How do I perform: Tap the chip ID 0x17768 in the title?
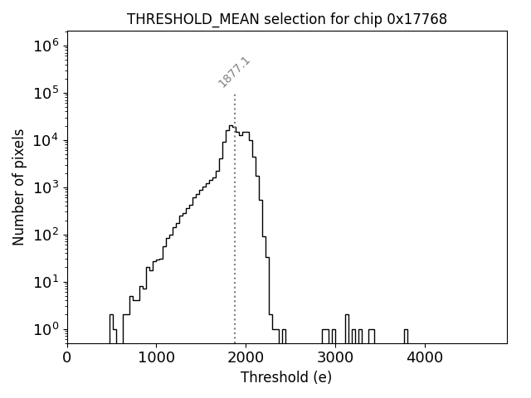417,19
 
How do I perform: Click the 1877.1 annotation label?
234,73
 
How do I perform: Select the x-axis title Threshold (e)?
286,377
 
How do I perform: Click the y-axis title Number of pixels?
18,187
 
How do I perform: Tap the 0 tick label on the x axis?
67,358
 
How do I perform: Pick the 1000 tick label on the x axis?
156,358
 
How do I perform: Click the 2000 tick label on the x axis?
246,358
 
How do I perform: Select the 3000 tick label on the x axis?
335,358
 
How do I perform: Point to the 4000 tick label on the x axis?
425,358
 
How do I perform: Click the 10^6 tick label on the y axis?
46,45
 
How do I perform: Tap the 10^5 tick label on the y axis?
46,92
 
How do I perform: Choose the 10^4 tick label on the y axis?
46,139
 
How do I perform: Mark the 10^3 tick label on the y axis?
46,187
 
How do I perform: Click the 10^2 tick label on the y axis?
46,234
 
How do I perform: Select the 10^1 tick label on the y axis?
46,282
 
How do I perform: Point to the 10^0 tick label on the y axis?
46,329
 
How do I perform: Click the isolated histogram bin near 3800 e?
406,336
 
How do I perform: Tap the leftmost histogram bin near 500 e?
111,328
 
